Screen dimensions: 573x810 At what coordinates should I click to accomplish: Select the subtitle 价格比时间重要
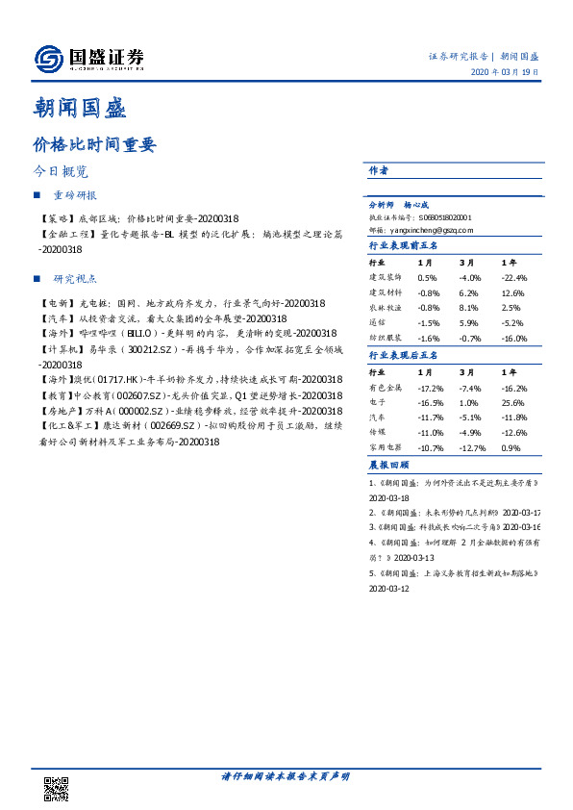[x=93, y=145]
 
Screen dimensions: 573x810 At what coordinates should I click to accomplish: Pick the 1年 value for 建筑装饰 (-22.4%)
[x=514, y=279]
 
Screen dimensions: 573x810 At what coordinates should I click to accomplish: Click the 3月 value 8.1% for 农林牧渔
[x=468, y=306]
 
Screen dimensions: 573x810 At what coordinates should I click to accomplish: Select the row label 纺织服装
[x=384, y=339]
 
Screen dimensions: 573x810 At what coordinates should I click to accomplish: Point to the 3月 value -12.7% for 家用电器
[x=470, y=448]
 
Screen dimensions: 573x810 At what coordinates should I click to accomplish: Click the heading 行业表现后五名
[x=403, y=356]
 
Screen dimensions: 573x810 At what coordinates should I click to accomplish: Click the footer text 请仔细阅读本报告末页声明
[x=286, y=775]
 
